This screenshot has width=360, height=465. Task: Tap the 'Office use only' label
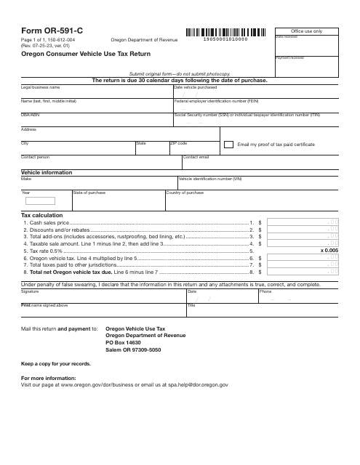click(x=306, y=32)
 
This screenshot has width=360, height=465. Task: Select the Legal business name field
click(x=95, y=93)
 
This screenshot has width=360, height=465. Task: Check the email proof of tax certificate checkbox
click(x=228, y=145)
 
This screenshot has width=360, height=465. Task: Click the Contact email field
click(x=260, y=161)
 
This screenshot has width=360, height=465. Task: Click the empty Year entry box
click(x=39, y=201)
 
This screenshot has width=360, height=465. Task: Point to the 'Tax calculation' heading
click(x=41, y=216)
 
